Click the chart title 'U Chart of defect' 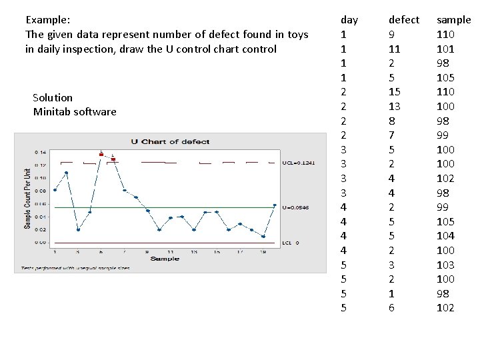point(170,141)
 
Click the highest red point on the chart point(101,154)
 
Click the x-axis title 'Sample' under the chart point(164,258)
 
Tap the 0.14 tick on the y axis point(41,153)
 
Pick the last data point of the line point(275,205)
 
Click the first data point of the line point(55,190)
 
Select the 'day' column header point(349,20)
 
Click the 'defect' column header point(404,20)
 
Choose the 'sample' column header point(453,20)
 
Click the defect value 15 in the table point(395,91)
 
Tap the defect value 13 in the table point(395,106)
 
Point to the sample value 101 point(445,49)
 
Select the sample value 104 point(445,235)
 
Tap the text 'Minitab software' point(75,111)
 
